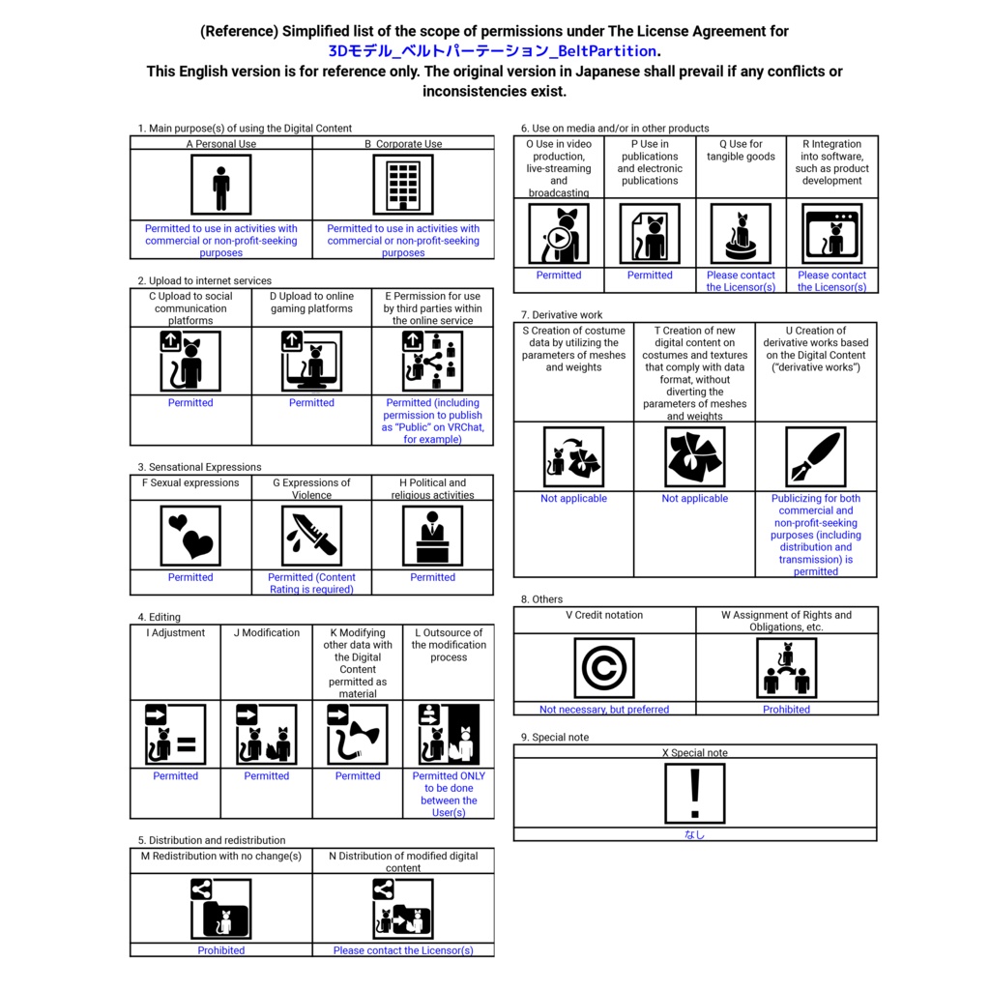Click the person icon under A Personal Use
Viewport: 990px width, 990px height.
click(x=221, y=185)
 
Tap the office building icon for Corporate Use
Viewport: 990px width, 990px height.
click(x=403, y=185)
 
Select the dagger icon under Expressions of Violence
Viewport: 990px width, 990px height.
click(x=311, y=535)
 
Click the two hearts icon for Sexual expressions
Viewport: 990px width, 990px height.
click(x=190, y=535)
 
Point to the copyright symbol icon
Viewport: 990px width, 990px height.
click(x=604, y=668)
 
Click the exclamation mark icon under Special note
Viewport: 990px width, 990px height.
click(x=694, y=793)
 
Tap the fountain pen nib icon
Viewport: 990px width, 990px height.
click(x=816, y=457)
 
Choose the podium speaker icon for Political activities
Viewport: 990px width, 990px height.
click(x=432, y=535)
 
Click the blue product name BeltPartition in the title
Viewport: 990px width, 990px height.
click(x=494, y=51)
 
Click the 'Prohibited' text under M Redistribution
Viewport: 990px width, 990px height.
click(x=221, y=950)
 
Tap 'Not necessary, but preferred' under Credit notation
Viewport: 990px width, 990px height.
click(x=604, y=710)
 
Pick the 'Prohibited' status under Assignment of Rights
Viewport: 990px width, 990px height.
click(x=787, y=710)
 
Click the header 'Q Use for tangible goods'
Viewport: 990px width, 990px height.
click(x=741, y=151)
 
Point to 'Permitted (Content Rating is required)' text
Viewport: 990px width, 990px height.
click(x=311, y=583)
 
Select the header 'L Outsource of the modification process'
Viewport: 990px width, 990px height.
click(x=449, y=645)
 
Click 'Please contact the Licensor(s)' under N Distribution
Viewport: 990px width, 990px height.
click(x=403, y=950)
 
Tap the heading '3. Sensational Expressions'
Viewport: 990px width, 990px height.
click(x=199, y=467)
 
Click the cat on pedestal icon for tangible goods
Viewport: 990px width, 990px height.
click(x=741, y=233)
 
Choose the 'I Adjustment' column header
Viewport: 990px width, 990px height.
click(x=176, y=633)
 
